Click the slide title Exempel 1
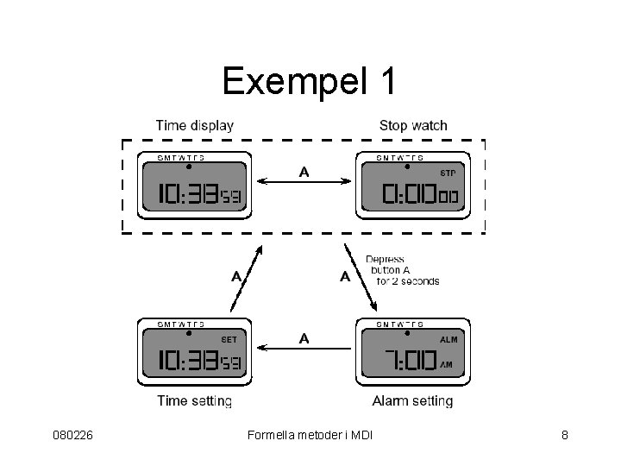[x=310, y=81]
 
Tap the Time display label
[x=194, y=125]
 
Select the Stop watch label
[x=413, y=125]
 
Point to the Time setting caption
[x=194, y=400]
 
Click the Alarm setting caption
[x=412, y=400]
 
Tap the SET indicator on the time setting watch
[x=229, y=339]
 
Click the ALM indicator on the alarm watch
[x=448, y=339]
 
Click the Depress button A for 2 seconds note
[x=402, y=270]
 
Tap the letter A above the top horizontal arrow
[x=304, y=171]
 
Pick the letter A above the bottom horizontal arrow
[x=304, y=337]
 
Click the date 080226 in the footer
[x=72, y=435]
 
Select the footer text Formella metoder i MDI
[x=309, y=435]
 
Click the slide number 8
[x=564, y=435]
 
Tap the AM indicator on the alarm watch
[x=446, y=365]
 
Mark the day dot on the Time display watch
[x=189, y=166]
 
